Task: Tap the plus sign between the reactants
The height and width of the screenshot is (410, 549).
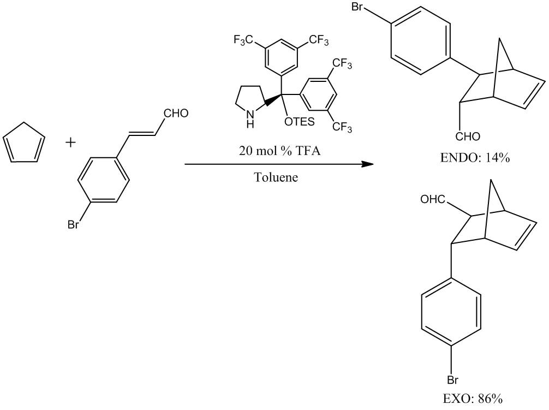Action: pos(71,143)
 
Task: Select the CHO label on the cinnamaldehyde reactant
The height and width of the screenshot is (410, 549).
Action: pos(176,114)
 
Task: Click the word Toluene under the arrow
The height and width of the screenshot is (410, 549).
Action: pos(276,177)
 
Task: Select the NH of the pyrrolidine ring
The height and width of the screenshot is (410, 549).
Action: pos(249,120)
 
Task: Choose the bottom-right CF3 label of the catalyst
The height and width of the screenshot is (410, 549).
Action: pos(342,128)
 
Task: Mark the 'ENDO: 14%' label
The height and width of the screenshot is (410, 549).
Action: pos(474,158)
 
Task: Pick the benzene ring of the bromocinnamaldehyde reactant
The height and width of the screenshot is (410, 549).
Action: pos(104,181)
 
